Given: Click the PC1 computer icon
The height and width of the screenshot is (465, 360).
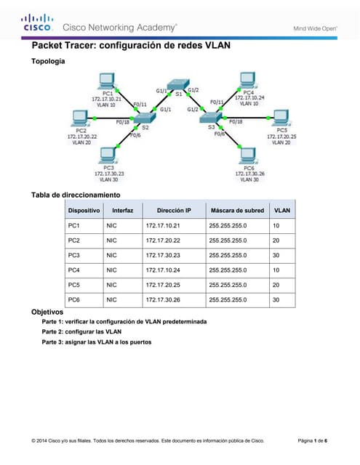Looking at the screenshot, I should pyautogui.click(x=107, y=81).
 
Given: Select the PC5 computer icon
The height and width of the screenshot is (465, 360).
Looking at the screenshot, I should pyautogui.click(x=280, y=118).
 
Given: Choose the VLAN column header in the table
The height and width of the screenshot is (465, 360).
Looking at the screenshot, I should pyautogui.click(x=281, y=211).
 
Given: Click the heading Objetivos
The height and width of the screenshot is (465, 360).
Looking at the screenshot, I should pyautogui.click(x=48, y=311).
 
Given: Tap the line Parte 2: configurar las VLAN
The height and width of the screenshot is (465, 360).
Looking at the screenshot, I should pyautogui.click(x=81, y=331).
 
